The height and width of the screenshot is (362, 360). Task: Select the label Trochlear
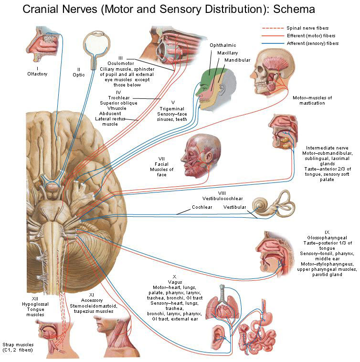[121, 97]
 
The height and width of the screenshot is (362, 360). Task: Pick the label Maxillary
[228, 53]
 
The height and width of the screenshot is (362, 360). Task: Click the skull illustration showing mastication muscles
[270, 71]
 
